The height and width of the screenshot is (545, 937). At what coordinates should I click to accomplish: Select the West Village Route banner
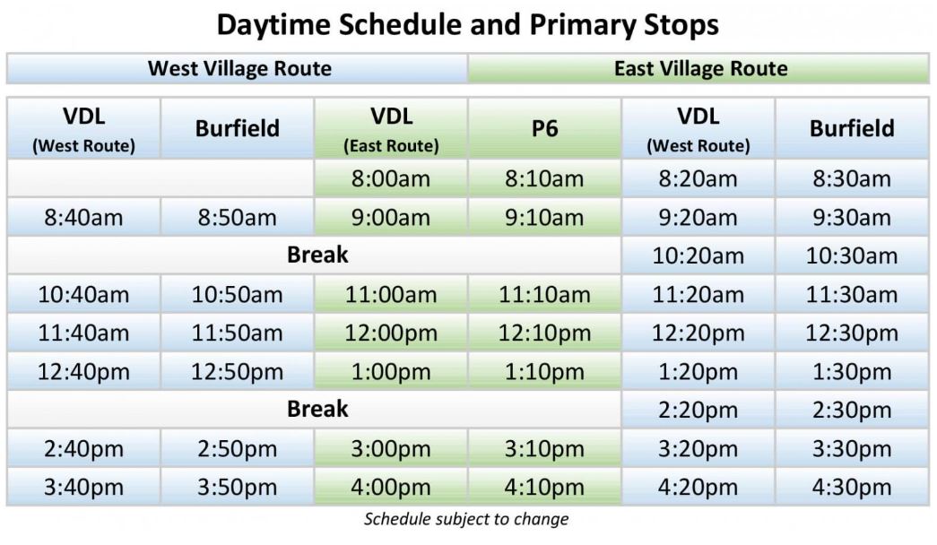coord(238,69)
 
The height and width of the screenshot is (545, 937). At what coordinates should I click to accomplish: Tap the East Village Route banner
coord(698,69)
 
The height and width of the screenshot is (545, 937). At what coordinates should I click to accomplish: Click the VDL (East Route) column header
coord(391,128)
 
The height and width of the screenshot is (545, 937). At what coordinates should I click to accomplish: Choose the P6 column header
coord(544,128)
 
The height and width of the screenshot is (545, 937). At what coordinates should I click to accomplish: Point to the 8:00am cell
coord(391,178)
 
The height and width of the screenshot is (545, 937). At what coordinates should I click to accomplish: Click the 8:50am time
coord(238,218)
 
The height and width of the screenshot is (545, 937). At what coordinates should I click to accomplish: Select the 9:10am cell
coord(544,218)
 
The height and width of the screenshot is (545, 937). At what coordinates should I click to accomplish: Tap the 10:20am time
coord(698,255)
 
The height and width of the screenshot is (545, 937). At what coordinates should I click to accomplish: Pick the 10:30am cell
coord(852,255)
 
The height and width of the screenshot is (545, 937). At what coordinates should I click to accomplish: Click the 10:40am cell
coord(83,295)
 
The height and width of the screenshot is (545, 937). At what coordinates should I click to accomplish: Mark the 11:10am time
coord(544,295)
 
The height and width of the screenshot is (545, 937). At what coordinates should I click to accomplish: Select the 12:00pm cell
coord(391,333)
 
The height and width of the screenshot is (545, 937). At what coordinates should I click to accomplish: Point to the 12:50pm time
coord(238,372)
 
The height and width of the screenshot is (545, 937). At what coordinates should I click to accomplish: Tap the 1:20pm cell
coord(698,372)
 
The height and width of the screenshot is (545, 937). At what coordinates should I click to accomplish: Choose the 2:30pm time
coord(852,410)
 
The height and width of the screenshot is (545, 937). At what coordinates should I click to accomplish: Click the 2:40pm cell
coord(83,449)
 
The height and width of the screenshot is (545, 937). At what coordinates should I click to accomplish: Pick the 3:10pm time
coord(544,449)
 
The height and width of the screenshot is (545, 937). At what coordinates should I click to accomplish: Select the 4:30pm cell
coord(852,487)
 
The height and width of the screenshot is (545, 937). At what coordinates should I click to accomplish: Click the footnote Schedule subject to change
coord(467,519)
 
